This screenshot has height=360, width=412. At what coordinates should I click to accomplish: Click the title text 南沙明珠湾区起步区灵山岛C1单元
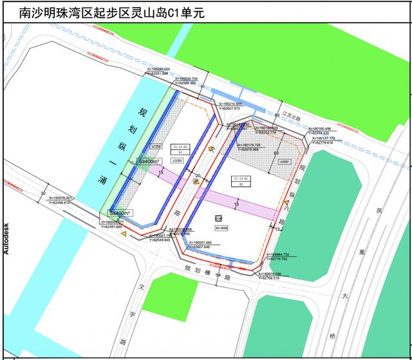coord(103,12)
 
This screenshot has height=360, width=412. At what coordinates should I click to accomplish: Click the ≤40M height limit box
coord(284,162)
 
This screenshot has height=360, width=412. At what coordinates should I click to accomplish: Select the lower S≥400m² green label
coord(119,213)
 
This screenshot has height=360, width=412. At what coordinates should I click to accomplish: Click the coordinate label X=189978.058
coord(279,274)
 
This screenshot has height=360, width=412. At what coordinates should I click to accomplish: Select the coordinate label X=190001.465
coord(204,242)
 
